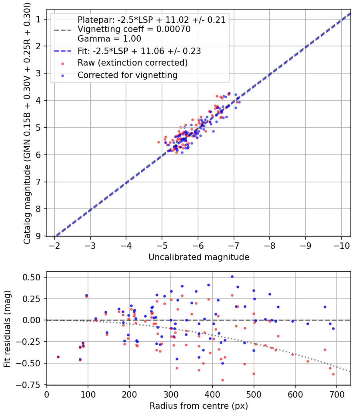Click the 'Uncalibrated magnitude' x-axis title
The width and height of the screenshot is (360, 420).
point(199,257)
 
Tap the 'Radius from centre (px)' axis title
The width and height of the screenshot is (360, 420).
point(199,406)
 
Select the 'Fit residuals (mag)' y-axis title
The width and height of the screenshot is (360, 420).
point(7,328)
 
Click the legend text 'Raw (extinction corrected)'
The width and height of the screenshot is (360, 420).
point(132,63)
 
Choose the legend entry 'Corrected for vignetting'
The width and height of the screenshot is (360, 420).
point(127,75)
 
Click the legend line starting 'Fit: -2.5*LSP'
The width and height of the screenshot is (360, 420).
point(139,51)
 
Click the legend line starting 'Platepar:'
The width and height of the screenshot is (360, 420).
point(152,20)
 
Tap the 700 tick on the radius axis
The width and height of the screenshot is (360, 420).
point(336,394)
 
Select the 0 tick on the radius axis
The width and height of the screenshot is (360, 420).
point(47,394)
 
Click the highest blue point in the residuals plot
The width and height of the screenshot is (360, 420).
point(232,276)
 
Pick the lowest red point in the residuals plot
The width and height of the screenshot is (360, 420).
point(222,380)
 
